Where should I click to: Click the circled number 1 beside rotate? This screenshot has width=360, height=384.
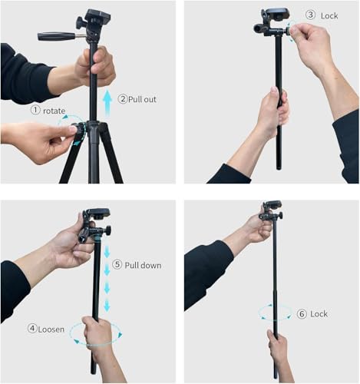point(35,110)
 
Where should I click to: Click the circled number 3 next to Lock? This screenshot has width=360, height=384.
point(310,15)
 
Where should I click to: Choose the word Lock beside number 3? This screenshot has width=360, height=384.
point(330,15)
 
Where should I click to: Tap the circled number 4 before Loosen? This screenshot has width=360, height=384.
point(33,328)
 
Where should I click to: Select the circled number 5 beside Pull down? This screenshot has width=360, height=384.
point(117,265)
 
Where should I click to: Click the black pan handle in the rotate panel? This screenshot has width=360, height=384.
point(57,35)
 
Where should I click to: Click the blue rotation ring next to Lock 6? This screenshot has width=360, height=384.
point(275,313)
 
